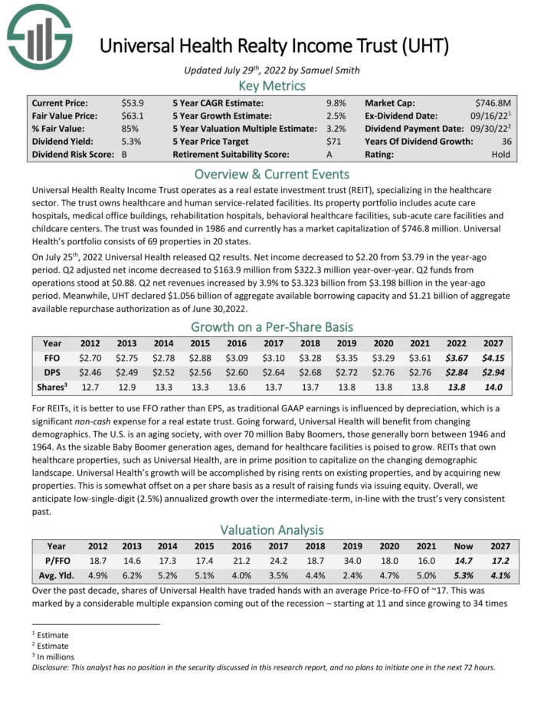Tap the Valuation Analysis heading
(271, 530)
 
